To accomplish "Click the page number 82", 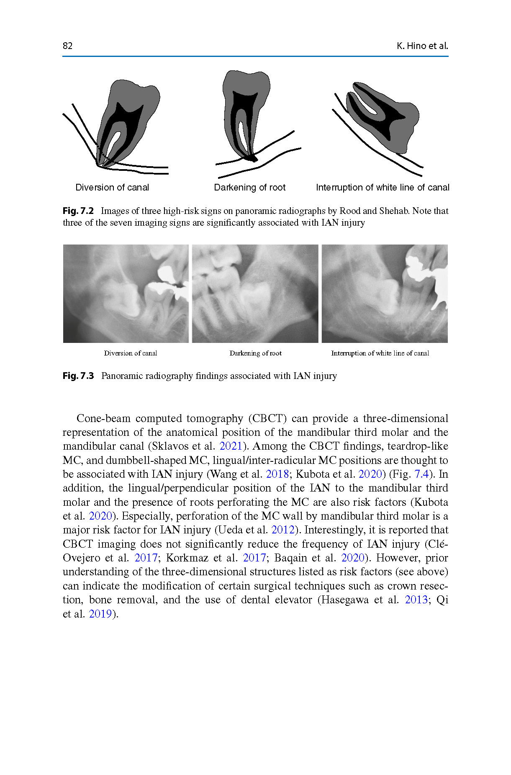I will pyautogui.click(x=67, y=46).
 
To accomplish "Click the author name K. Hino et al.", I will pyautogui.click(x=422, y=46).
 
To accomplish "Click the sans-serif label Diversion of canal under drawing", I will pyautogui.click(x=112, y=188).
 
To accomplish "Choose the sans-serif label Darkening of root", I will pyautogui.click(x=249, y=188).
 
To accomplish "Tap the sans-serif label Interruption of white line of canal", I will pyautogui.click(x=383, y=188).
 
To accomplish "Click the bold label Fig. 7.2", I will pyautogui.click(x=78, y=211).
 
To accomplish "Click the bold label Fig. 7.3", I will pyautogui.click(x=78, y=376).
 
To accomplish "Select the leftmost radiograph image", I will pyautogui.click(x=126, y=294).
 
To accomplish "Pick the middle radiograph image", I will pyautogui.click(x=255, y=294).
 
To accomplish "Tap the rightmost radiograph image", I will pyautogui.click(x=385, y=294).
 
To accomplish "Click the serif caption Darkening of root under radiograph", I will pyautogui.click(x=255, y=353).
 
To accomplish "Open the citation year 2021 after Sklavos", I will pyautogui.click(x=231, y=446).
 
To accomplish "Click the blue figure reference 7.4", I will pyautogui.click(x=421, y=474).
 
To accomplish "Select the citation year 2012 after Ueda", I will pyautogui.click(x=283, y=530).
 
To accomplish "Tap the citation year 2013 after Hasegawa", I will pyautogui.click(x=416, y=600).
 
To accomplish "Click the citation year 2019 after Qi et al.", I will pyautogui.click(x=100, y=614).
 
